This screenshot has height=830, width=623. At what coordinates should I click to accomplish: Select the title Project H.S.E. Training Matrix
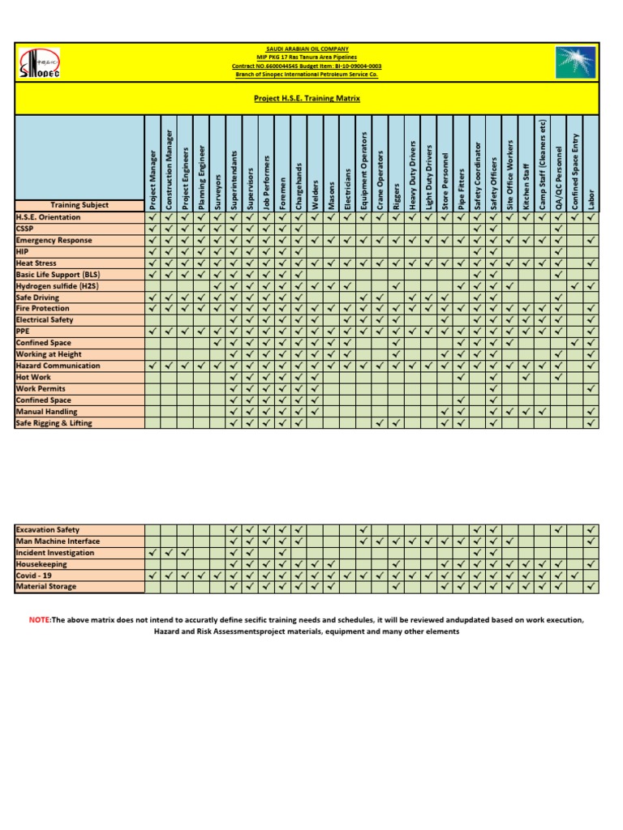pyautogui.click(x=307, y=98)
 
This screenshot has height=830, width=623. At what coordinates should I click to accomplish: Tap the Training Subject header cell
pyautogui.click(x=79, y=205)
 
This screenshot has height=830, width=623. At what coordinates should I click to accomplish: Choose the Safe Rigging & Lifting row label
pyautogui.click(x=54, y=423)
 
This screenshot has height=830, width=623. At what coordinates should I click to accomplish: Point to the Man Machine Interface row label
pyautogui.click(x=58, y=541)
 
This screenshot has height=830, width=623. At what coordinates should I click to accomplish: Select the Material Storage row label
pyautogui.click(x=46, y=587)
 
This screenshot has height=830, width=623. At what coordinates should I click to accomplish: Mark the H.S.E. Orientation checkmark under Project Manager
pyautogui.click(x=153, y=217)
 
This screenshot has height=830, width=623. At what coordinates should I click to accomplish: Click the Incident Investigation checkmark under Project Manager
pyautogui.click(x=153, y=553)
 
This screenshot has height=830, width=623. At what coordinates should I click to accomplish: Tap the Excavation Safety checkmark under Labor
pyautogui.click(x=591, y=529)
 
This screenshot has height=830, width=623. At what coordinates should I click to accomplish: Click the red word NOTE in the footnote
pyautogui.click(x=40, y=620)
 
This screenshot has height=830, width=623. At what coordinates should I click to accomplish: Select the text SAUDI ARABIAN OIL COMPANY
pyautogui.click(x=307, y=49)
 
